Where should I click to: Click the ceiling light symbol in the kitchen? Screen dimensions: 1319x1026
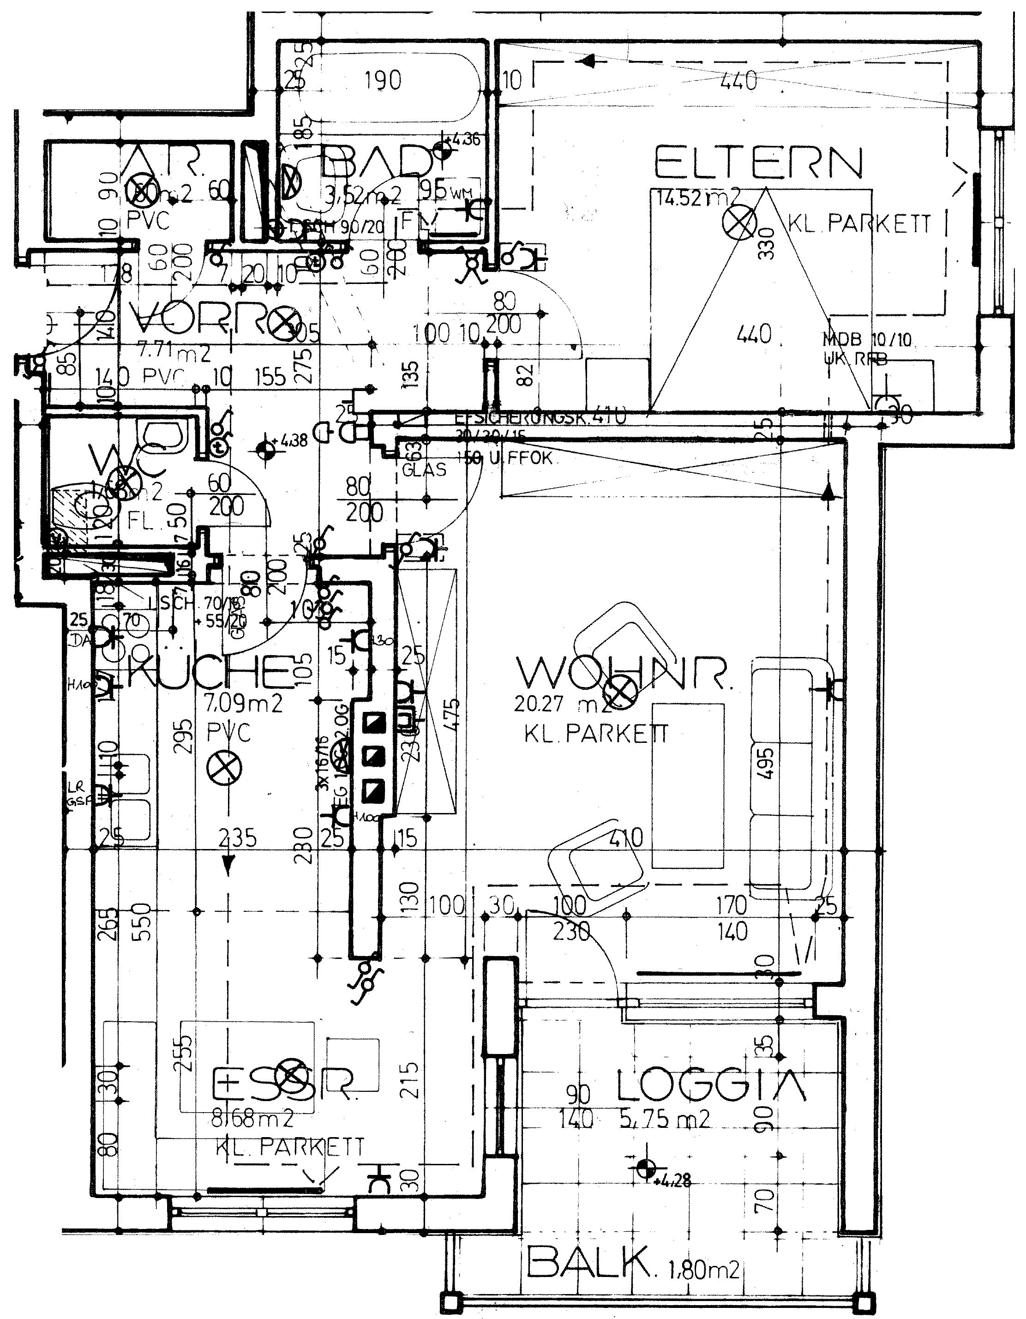pos(224,769)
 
